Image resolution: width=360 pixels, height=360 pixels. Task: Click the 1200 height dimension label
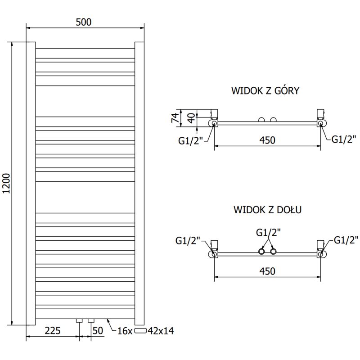6,184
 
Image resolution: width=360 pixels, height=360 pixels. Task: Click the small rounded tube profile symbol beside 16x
141,331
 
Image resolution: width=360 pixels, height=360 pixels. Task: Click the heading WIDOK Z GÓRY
265,91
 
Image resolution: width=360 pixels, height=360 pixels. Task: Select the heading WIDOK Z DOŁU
267,210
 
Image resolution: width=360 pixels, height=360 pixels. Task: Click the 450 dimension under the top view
267,140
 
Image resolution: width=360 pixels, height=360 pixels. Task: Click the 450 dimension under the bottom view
267,271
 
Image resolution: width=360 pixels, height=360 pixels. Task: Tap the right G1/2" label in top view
344,139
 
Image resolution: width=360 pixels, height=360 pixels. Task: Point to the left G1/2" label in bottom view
188,240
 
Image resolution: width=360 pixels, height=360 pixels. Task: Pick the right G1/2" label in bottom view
346,240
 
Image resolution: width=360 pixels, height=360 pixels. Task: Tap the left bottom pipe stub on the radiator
80,321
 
